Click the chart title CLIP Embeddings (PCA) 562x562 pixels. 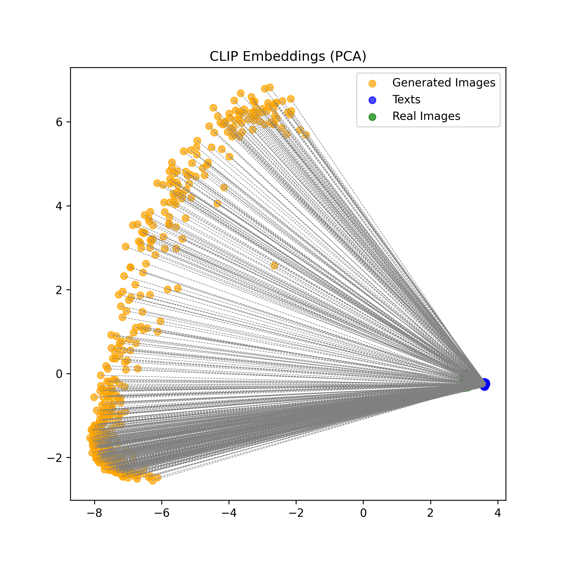[x=288, y=56]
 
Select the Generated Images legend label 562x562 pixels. [x=443, y=83]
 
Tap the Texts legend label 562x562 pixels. [x=406, y=100]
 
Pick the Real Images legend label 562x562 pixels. [x=426, y=116]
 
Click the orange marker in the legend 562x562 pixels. [x=372, y=84]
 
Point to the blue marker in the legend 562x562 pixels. [x=372, y=100]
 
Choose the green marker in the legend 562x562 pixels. [x=372, y=117]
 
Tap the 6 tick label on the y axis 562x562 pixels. [x=59, y=123]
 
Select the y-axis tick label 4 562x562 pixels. [x=59, y=206]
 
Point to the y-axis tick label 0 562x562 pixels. [x=59, y=374]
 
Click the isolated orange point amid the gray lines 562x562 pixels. [x=274, y=265]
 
